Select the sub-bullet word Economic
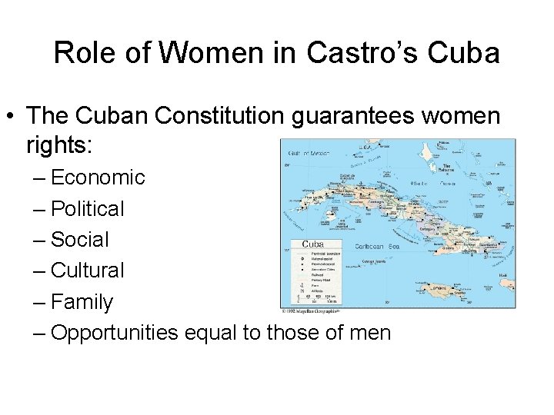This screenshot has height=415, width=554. [98, 178]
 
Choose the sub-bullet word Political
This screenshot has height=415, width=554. [87, 208]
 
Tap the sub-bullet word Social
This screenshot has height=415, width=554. [80, 240]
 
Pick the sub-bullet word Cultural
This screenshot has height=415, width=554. [87, 271]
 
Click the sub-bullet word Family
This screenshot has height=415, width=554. [82, 302]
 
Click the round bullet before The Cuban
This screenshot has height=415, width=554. [14, 117]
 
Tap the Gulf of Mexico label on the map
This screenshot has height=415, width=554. [309, 153]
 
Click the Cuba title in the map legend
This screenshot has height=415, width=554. [312, 244]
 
